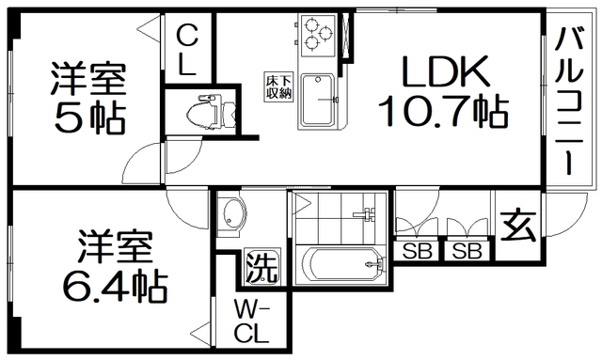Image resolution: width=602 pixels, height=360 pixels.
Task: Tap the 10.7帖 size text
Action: (442, 112)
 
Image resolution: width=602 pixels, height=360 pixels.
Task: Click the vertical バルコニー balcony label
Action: (570, 100)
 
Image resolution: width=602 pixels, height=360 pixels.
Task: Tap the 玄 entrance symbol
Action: (516, 226)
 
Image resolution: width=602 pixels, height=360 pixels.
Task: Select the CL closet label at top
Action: (187, 52)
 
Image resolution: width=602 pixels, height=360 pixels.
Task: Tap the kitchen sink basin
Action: (325, 99)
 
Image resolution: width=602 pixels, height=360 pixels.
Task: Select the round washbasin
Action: (230, 216)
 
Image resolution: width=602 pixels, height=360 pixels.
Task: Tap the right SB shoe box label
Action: (467, 251)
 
